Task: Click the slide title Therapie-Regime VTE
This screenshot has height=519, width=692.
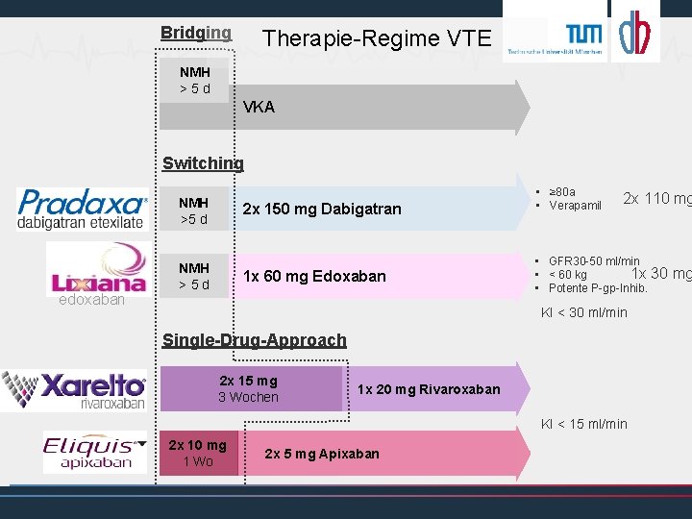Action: (377, 38)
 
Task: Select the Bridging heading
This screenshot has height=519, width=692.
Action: (196, 33)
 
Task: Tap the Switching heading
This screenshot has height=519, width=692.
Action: (203, 163)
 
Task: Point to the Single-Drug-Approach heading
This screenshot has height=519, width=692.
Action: (254, 339)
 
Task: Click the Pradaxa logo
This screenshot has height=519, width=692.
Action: (83, 209)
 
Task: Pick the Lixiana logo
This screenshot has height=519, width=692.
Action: (97, 268)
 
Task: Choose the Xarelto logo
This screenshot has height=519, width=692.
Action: (74, 388)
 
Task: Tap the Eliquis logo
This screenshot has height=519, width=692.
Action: (94, 453)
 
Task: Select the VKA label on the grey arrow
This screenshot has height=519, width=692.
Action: (259, 107)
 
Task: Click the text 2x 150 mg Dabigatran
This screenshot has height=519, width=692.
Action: (322, 209)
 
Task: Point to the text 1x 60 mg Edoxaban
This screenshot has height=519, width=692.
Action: (314, 276)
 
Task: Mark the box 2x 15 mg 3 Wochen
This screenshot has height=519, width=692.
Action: (248, 389)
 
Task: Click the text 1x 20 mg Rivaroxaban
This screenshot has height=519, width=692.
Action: (429, 389)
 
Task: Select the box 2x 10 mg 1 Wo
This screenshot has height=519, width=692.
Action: (197, 454)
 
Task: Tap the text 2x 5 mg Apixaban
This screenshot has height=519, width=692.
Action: (322, 454)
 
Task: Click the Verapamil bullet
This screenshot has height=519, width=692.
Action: (575, 206)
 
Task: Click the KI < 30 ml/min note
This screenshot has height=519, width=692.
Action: (583, 312)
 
